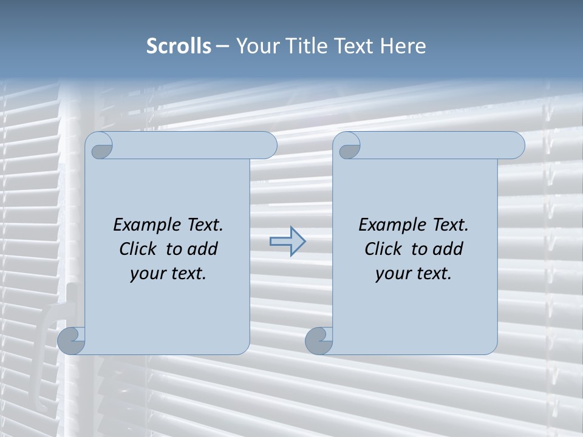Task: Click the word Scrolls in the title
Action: pos(179,46)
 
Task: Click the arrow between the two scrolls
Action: pos(287,242)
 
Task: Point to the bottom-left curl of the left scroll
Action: pos(72,340)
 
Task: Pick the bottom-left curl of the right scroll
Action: pos(319,340)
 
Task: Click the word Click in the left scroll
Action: pos(140,249)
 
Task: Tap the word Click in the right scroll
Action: pos(386,249)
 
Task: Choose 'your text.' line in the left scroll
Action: pos(168,274)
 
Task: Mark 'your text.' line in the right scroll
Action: pos(414,274)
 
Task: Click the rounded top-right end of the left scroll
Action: pos(267,146)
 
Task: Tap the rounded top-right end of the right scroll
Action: pos(515,146)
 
